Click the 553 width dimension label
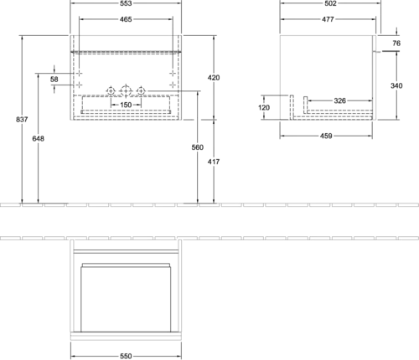[x=126, y=3]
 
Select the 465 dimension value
[x=126, y=19]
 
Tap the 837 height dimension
[x=22, y=120]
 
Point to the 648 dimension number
[x=38, y=138]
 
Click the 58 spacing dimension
[x=54, y=80]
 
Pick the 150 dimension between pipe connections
[x=126, y=105]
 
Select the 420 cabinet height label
[x=214, y=78]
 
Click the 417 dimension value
[x=214, y=162]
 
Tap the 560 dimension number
[x=198, y=147]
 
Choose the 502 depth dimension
[x=330, y=3]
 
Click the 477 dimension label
[x=328, y=19]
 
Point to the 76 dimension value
[x=396, y=43]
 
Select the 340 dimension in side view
[x=396, y=85]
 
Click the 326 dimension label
[x=339, y=100]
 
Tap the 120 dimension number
[x=264, y=107]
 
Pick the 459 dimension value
[x=326, y=136]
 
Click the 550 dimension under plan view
[x=126, y=356]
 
